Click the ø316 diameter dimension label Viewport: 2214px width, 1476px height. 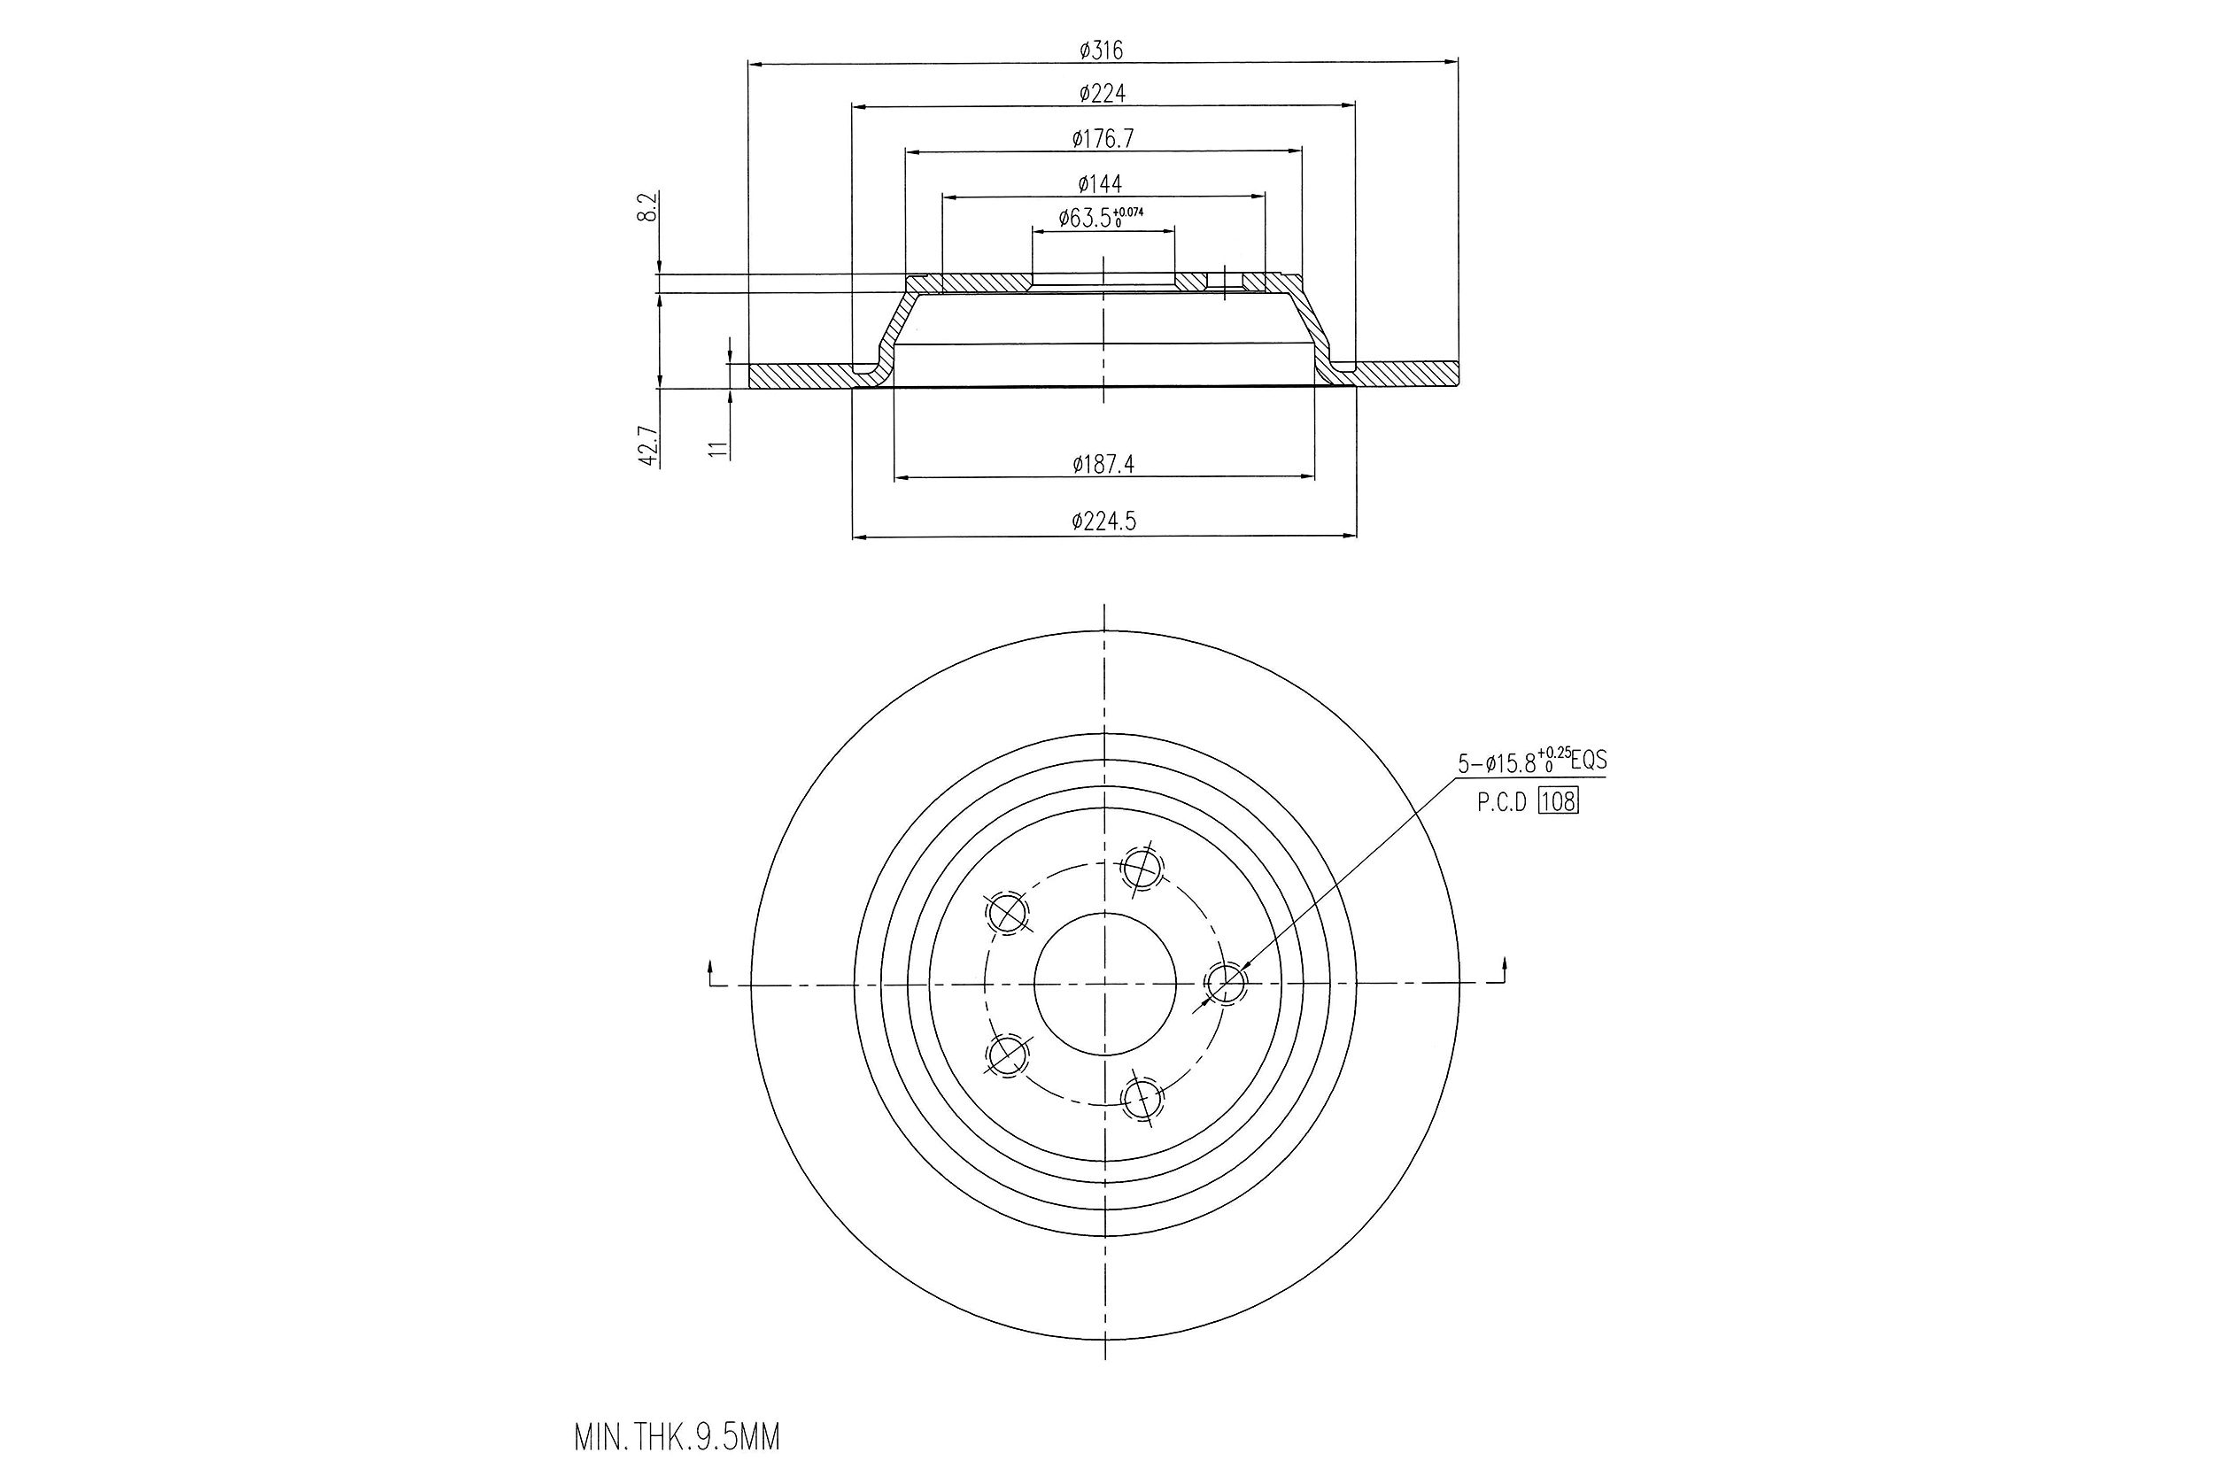click(x=1102, y=50)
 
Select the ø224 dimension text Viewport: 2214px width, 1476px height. click(x=1103, y=93)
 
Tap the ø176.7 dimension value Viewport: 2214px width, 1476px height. click(x=1103, y=139)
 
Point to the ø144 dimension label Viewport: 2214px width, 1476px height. click(x=1101, y=183)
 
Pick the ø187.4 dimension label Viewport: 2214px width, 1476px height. click(x=1103, y=464)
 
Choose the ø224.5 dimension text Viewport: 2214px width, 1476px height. click(x=1103, y=522)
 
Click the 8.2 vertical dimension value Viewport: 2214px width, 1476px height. click(x=646, y=207)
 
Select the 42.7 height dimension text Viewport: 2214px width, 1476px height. click(x=646, y=445)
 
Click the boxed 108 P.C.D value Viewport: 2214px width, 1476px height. click(x=1558, y=801)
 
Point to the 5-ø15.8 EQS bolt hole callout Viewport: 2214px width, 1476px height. click(x=1531, y=761)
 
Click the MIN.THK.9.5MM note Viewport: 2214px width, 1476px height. click(x=677, y=1437)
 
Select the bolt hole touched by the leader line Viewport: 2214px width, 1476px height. click(x=1226, y=984)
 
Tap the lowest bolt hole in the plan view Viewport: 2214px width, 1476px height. click(x=1142, y=1098)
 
